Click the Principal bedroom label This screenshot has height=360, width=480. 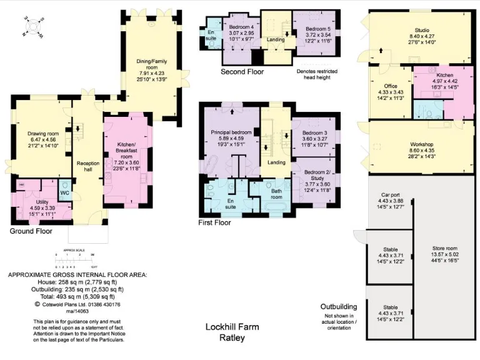231,132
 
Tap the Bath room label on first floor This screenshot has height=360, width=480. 277,192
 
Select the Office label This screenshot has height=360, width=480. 391,86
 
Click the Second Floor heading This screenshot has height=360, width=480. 242,72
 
